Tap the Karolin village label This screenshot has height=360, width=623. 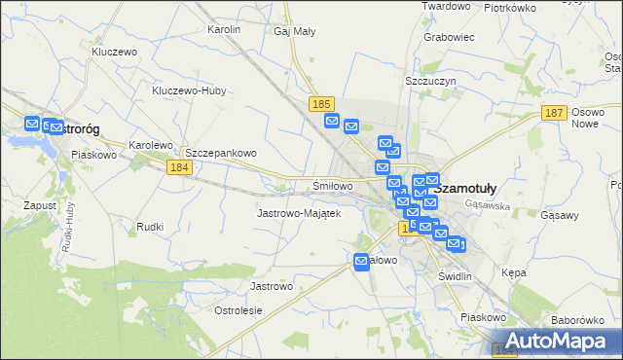pyautogui.click(x=224, y=29)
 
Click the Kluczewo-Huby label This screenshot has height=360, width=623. pyautogui.click(x=189, y=91)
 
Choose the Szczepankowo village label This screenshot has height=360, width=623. pyautogui.click(x=221, y=153)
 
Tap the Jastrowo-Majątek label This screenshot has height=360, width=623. pyautogui.click(x=298, y=212)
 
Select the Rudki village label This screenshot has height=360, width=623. pyautogui.click(x=150, y=226)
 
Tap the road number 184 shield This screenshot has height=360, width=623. pyautogui.click(x=178, y=167)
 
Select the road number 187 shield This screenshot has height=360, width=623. pyautogui.click(x=554, y=114)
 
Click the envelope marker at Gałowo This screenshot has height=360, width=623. pyautogui.click(x=362, y=261)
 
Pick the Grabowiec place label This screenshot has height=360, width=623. pyautogui.click(x=449, y=38)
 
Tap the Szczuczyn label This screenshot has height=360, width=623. pyautogui.click(x=429, y=83)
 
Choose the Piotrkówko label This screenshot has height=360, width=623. pyautogui.click(x=510, y=8)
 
